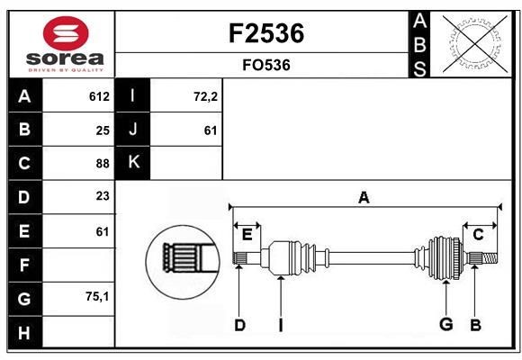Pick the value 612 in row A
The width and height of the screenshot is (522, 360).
point(99,96)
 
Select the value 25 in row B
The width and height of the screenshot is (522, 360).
point(103,130)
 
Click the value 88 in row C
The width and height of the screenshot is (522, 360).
point(103,164)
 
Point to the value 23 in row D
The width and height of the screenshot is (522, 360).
point(103,197)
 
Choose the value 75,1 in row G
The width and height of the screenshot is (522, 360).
point(98,297)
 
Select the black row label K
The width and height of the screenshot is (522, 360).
point(133,163)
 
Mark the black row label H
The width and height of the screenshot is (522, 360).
point(24,331)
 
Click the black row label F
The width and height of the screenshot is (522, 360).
point(24,265)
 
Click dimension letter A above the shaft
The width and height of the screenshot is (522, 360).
point(364,197)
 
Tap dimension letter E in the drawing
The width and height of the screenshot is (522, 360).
point(247,234)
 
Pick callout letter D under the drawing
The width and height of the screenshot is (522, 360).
point(239,325)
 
